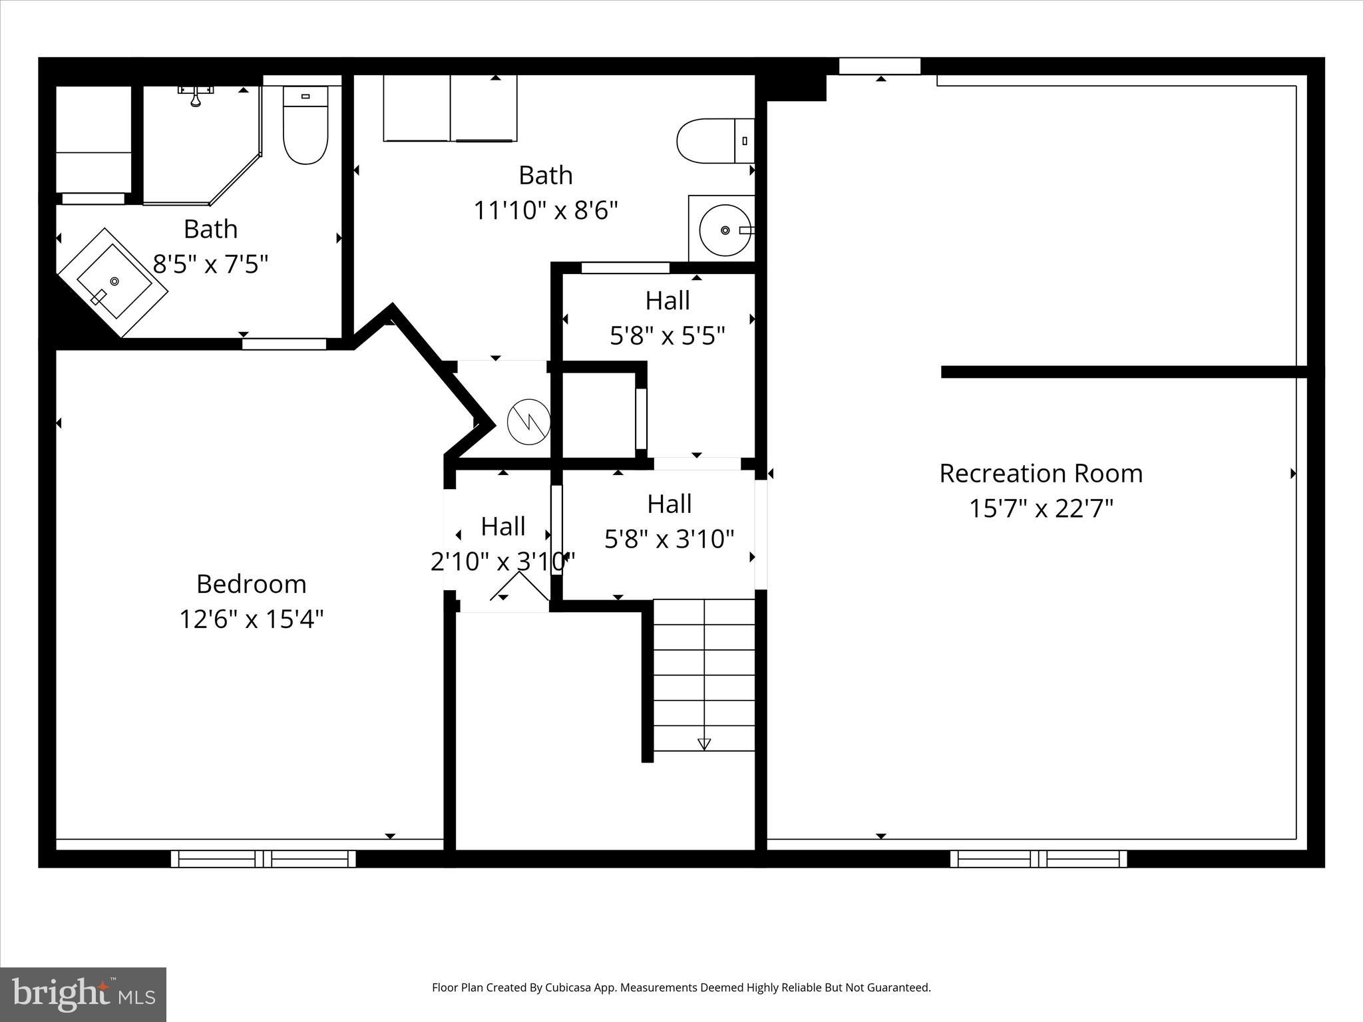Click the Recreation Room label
click(x=1040, y=474)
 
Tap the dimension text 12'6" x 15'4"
click(x=251, y=619)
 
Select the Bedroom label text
click(x=251, y=584)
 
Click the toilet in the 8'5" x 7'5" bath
click(x=305, y=126)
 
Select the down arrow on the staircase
click(x=704, y=745)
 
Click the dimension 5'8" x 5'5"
click(x=667, y=336)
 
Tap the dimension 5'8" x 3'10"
click(x=669, y=539)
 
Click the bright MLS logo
click(x=83, y=994)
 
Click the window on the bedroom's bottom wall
click(x=263, y=858)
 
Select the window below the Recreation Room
click(x=1038, y=858)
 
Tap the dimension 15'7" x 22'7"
click(x=1040, y=509)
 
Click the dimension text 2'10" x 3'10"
click(x=502, y=562)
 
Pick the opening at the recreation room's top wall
click(x=879, y=66)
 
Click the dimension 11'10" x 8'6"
click(x=545, y=211)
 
